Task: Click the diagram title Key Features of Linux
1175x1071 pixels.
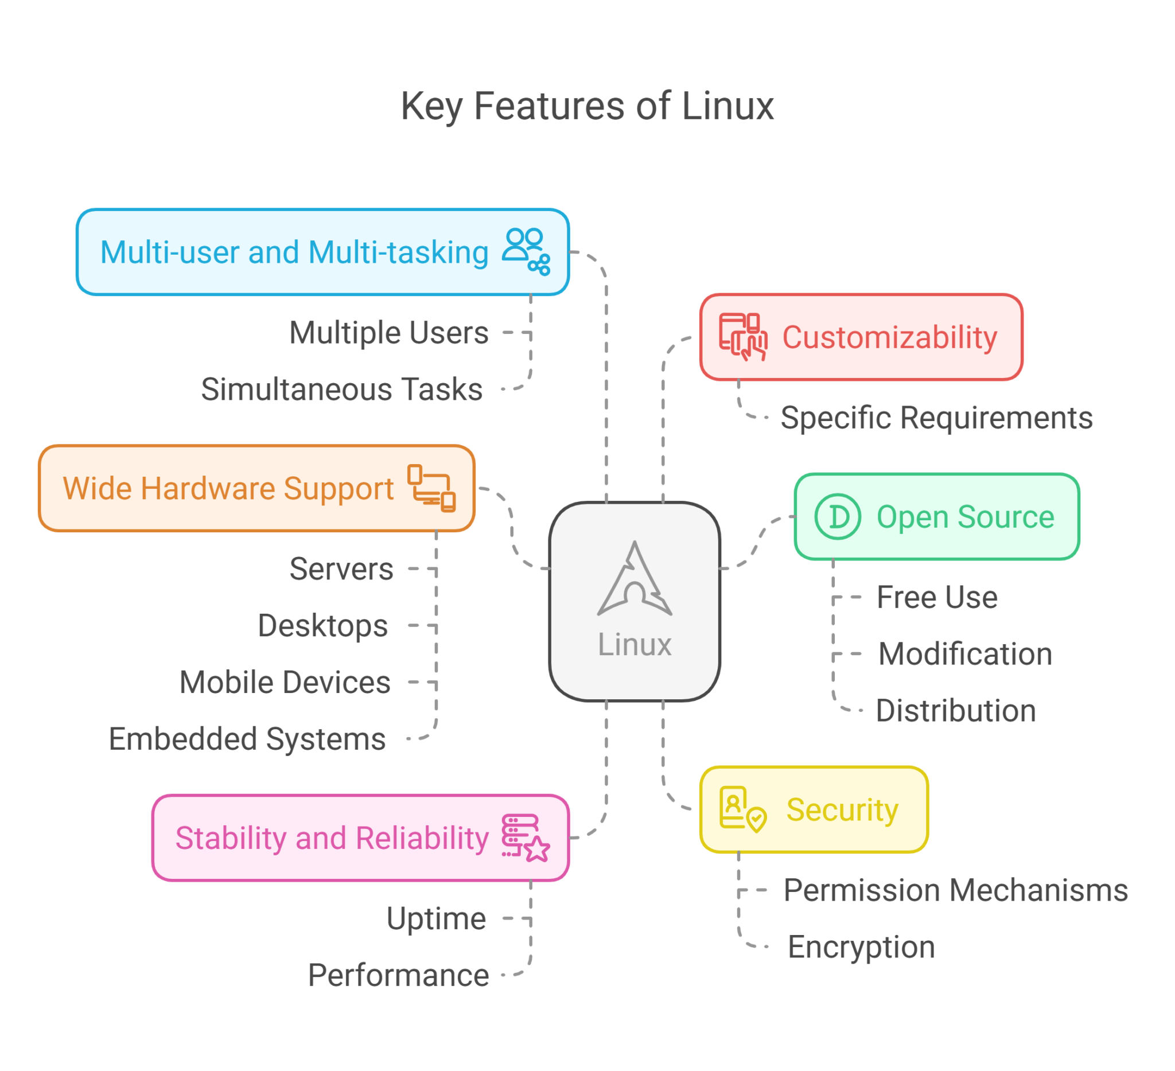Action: point(587,107)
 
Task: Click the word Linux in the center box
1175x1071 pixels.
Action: point(635,645)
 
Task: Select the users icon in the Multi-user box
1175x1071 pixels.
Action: point(526,252)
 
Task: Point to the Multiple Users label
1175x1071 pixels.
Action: point(389,333)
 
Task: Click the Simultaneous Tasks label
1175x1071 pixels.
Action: point(342,390)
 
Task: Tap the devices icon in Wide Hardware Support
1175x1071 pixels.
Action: point(431,488)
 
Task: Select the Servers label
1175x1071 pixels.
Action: point(341,568)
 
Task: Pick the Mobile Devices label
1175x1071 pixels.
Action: point(285,682)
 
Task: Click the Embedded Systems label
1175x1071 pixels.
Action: point(247,739)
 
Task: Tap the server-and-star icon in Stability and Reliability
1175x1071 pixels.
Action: point(525,838)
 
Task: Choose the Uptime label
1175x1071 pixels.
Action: point(436,919)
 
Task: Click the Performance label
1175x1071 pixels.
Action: point(399,975)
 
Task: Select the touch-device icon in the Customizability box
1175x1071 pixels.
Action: point(743,337)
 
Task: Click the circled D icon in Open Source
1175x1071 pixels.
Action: point(838,517)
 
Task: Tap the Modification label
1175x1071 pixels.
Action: point(965,654)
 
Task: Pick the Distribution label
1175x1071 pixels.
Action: point(956,711)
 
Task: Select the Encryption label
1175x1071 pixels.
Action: point(861,947)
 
